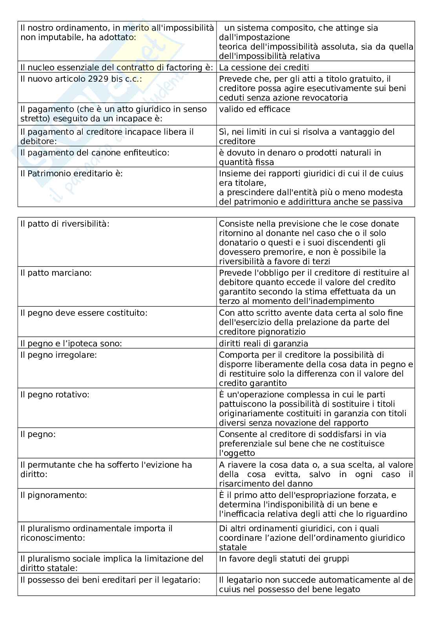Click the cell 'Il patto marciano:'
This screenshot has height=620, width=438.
pyautogui.click(x=56, y=273)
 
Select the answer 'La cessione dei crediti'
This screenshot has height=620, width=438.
pyautogui.click(x=264, y=68)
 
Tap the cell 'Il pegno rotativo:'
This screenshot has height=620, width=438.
pyautogui.click(x=55, y=395)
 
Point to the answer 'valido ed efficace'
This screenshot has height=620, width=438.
pyautogui.click(x=254, y=109)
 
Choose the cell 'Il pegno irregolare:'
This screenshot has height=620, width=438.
pyautogui.click(x=58, y=355)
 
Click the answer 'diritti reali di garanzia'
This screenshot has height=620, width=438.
pyautogui.click(x=263, y=344)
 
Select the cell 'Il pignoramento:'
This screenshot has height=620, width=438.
pyautogui.click(x=53, y=495)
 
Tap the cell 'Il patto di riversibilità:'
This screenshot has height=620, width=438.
pyautogui.click(x=65, y=224)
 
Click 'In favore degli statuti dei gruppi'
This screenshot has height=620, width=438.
pyautogui.click(x=284, y=559)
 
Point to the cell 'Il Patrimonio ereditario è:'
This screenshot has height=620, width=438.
pyautogui.click(x=71, y=174)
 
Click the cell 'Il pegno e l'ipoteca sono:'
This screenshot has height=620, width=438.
pyautogui.click(x=71, y=344)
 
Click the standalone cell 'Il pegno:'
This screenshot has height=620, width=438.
pyautogui.click(x=38, y=434)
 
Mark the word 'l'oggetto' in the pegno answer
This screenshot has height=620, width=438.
pyautogui.click(x=237, y=453)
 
